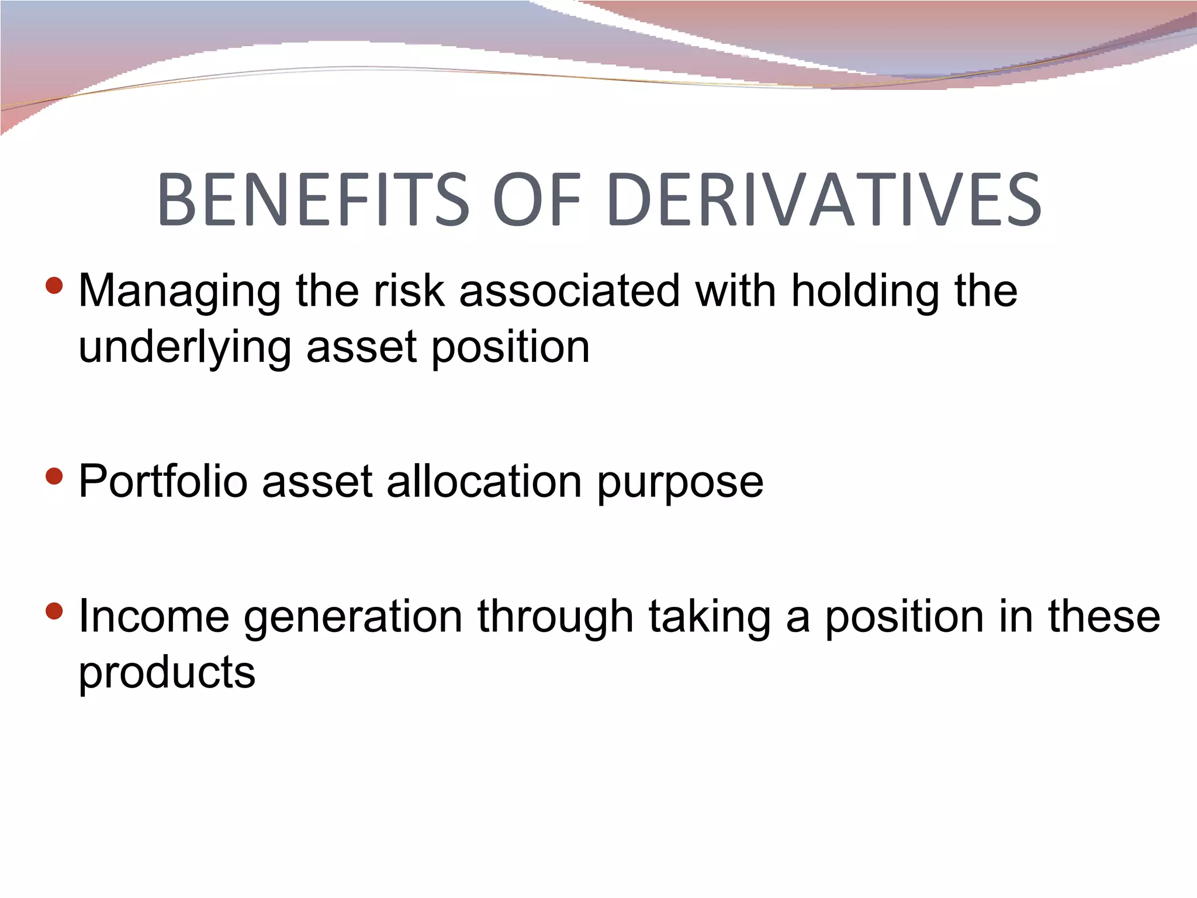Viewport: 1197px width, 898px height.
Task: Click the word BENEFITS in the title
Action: (x=313, y=199)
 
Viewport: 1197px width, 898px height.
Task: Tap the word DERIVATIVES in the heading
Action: (x=825, y=199)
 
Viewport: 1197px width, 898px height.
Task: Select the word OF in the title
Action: (x=537, y=199)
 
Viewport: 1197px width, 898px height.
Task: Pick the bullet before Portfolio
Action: (x=54, y=476)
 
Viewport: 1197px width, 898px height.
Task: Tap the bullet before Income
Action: (x=54, y=612)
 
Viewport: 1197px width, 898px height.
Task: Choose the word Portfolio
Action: (x=163, y=482)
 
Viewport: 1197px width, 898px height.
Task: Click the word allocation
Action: (x=484, y=482)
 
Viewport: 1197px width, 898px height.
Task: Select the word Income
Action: (x=154, y=617)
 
